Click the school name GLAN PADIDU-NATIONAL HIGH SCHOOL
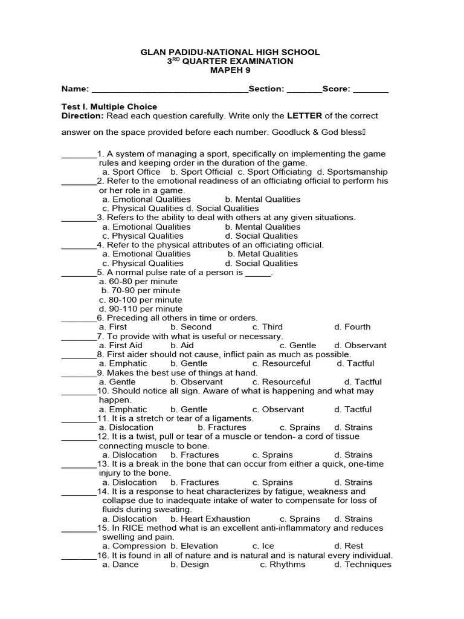[230, 53]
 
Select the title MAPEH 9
[230, 70]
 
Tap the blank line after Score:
[370, 90]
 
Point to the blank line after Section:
[304, 90]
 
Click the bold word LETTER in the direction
[305, 115]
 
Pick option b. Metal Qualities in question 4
[263, 254]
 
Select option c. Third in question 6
[268, 327]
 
